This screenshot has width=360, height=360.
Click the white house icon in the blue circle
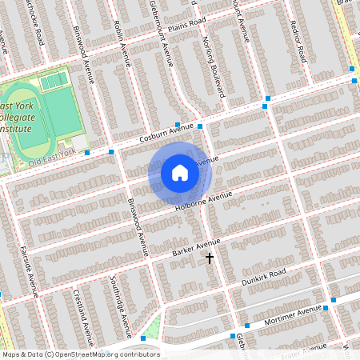pyautogui.click(x=180, y=172)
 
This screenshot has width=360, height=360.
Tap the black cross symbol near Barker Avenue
pyautogui.click(x=210, y=258)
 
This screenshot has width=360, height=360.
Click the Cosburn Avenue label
pyautogui.click(x=167, y=132)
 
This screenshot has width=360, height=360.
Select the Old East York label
pyautogui.click(x=51, y=152)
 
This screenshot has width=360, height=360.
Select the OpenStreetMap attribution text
pyautogui.click(x=80, y=354)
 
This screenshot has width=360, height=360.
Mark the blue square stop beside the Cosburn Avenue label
pyautogui.click(x=200, y=126)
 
